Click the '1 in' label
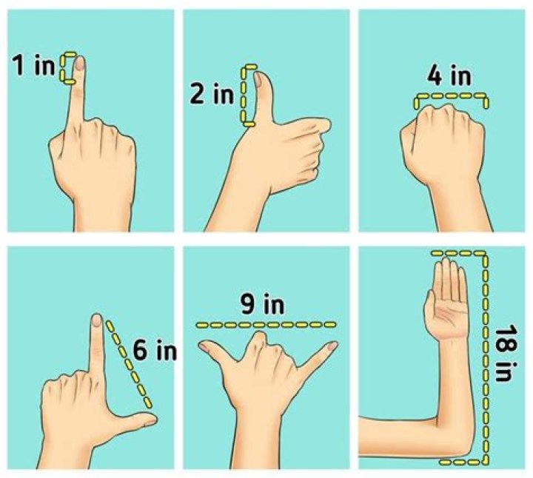tap(33, 65)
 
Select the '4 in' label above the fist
tap(449, 76)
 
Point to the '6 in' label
tap(155, 350)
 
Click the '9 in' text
tap(262, 304)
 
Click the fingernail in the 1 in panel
tap(80, 64)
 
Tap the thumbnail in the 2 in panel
tap(258, 80)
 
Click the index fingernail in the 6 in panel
tap(97, 321)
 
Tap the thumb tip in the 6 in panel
tap(151, 420)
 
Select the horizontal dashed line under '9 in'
tap(266, 325)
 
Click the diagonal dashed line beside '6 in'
tap(129, 364)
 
